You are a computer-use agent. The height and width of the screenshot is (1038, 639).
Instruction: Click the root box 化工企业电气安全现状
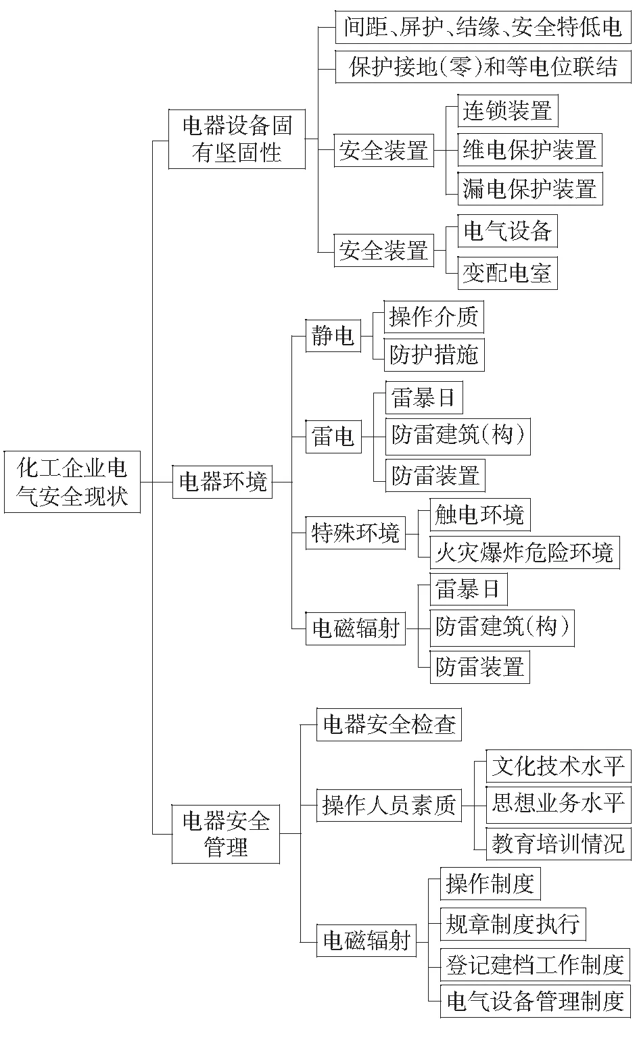click(72, 482)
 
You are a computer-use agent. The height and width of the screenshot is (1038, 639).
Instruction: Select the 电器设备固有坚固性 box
click(237, 139)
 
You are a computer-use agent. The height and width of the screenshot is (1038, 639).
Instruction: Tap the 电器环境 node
click(222, 482)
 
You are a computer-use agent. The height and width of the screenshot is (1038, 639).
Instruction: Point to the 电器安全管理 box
click(226, 834)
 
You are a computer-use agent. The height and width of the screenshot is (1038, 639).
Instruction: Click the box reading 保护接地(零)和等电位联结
click(483, 67)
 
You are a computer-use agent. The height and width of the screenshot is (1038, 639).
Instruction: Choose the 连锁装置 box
click(508, 111)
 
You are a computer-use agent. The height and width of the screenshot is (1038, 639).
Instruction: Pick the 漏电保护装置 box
click(530, 189)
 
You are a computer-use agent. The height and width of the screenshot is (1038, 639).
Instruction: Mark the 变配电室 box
click(508, 274)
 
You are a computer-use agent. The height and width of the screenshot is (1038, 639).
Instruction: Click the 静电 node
click(333, 335)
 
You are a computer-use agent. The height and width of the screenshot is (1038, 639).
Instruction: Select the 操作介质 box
click(434, 317)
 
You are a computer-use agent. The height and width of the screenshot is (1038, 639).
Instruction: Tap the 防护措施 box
click(434, 355)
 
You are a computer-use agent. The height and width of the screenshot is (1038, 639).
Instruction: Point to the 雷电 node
click(333, 437)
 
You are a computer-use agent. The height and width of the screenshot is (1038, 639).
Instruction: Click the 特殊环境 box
click(355, 533)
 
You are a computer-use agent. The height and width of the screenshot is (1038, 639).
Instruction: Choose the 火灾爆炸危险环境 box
click(525, 552)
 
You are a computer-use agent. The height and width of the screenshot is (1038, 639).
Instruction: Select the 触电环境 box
click(480, 515)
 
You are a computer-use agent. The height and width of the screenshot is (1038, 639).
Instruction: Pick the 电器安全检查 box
click(389, 724)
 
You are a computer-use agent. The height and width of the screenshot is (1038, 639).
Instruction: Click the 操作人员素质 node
click(389, 806)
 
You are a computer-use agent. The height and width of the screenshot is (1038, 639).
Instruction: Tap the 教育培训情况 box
click(559, 844)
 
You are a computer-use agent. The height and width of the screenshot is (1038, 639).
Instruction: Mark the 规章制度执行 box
click(513, 924)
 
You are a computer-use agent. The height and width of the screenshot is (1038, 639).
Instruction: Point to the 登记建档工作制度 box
click(535, 965)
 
